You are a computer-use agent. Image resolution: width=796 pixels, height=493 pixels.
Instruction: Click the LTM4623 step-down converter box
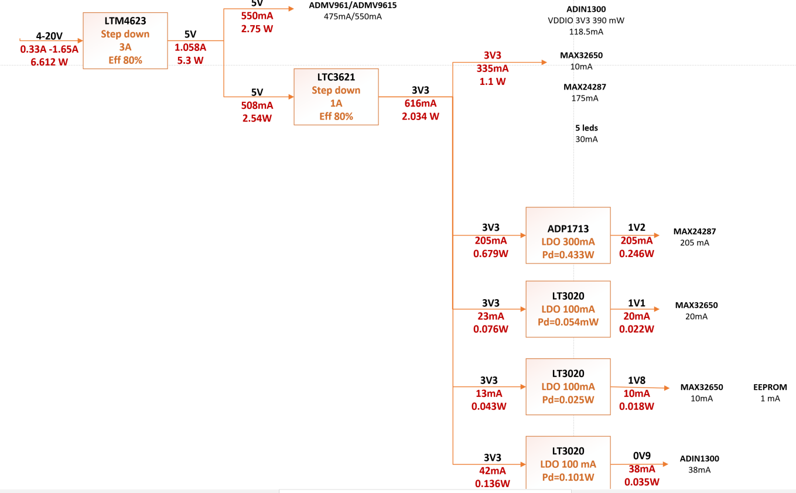click(x=125, y=40)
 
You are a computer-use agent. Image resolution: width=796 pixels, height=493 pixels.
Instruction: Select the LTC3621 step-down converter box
click(x=336, y=97)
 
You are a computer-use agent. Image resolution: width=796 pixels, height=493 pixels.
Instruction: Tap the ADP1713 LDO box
click(x=568, y=235)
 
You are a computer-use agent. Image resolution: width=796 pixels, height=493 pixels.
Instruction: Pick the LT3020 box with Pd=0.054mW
click(x=568, y=309)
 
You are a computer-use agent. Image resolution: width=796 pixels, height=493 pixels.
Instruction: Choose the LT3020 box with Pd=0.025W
click(x=568, y=386)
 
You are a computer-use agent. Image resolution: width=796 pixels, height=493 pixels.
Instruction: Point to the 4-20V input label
click(x=49, y=36)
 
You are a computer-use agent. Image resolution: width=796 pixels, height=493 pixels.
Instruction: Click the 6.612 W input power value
click(x=49, y=61)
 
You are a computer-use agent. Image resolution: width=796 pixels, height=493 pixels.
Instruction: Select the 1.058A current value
click(x=190, y=47)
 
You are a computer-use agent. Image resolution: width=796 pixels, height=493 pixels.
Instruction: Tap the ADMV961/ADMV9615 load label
click(x=353, y=6)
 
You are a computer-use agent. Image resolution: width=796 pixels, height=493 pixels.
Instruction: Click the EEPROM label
click(x=770, y=387)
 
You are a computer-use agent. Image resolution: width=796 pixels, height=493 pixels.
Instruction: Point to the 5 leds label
click(x=586, y=128)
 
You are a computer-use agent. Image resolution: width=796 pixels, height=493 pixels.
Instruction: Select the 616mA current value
click(x=421, y=103)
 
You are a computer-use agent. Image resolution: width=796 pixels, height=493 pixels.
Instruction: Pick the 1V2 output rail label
click(x=637, y=228)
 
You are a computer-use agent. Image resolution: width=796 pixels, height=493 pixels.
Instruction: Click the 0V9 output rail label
click(x=641, y=456)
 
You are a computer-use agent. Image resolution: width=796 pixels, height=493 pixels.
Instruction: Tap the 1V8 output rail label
click(x=637, y=381)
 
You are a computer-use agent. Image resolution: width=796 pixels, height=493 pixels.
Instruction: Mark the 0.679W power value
click(x=491, y=254)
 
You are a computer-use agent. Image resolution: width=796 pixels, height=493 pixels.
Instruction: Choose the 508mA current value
click(x=257, y=105)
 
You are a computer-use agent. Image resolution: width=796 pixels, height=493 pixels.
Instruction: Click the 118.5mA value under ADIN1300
click(x=586, y=32)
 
